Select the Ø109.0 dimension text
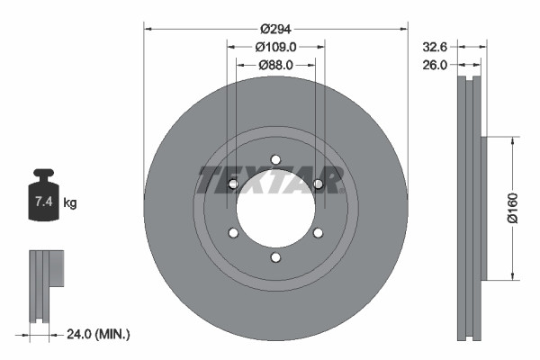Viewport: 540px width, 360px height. (x=275, y=46)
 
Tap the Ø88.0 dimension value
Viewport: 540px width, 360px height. (x=275, y=65)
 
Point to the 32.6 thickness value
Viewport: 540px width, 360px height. (x=436, y=45)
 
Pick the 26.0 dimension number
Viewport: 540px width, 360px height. (x=436, y=64)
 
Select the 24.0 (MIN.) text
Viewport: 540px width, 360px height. (x=99, y=334)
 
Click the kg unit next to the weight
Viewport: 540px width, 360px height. (x=70, y=203)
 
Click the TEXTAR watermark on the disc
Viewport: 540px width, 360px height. (x=270, y=180)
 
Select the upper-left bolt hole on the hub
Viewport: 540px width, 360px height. (x=233, y=184)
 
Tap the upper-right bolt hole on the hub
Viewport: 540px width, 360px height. (x=318, y=184)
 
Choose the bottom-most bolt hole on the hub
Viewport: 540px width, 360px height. (x=275, y=258)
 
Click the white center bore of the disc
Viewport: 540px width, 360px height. (x=275, y=212)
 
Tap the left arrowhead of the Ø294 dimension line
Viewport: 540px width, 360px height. (x=148, y=29)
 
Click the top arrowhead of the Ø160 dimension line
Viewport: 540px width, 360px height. (x=513, y=141)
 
